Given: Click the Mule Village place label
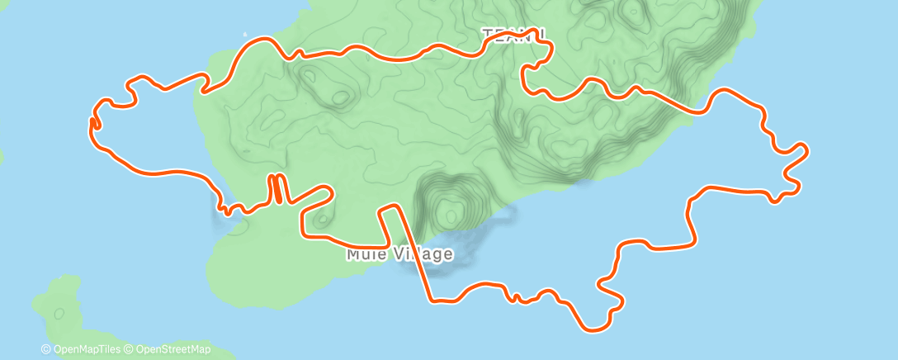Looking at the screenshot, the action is click(399, 253).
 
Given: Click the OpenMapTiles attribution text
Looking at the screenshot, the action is click(85, 349).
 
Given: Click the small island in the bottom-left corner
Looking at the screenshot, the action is click(62, 310).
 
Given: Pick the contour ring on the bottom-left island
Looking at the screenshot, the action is click(59, 314).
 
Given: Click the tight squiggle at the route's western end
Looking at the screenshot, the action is click(94, 122).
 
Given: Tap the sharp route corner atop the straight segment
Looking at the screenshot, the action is click(390, 206).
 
